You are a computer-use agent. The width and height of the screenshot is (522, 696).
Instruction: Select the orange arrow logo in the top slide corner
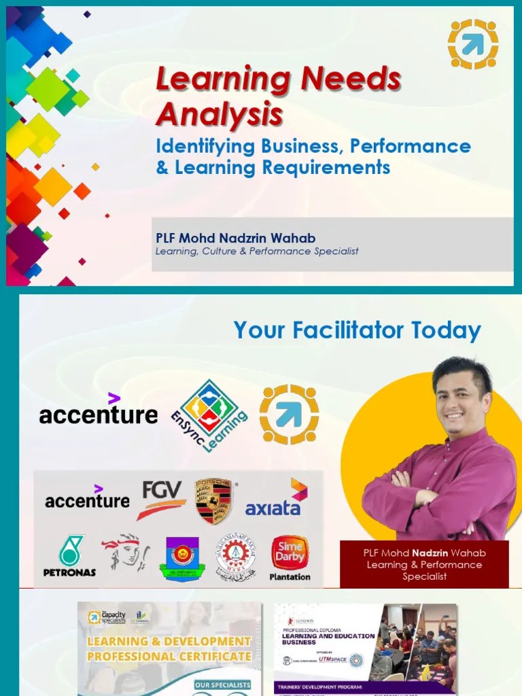pyautogui.click(x=473, y=44)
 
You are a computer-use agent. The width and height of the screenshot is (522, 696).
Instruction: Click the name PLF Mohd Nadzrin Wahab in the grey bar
pyautogui.click(x=235, y=238)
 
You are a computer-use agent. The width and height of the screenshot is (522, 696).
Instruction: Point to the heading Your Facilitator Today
pyautogui.click(x=357, y=331)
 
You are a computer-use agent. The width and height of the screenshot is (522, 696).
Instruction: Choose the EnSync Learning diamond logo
pyautogui.click(x=209, y=412)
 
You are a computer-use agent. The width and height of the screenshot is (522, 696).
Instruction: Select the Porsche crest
pyautogui.click(x=213, y=501)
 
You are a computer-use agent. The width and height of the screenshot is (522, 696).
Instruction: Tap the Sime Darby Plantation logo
pyautogui.click(x=290, y=557)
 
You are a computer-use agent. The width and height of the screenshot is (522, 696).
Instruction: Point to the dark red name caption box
pyautogui.click(x=424, y=564)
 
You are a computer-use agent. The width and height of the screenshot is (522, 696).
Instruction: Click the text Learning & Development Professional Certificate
pyautogui.click(x=169, y=648)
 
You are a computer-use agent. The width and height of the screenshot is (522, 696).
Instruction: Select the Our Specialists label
pyautogui.click(x=222, y=685)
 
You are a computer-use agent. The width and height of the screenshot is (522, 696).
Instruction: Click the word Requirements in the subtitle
pyautogui.click(x=326, y=167)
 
